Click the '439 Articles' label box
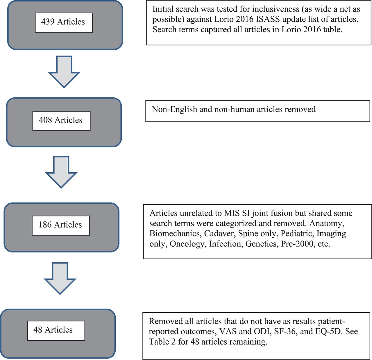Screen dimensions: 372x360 (x=64, y=23)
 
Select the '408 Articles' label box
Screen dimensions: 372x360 (x=61, y=121)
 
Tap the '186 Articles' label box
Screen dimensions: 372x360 (x=61, y=225)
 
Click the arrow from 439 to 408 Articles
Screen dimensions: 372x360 (x=64, y=72)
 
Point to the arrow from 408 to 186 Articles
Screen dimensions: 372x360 (x=61, y=172)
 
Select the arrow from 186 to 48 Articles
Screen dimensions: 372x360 (x=60, y=278)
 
